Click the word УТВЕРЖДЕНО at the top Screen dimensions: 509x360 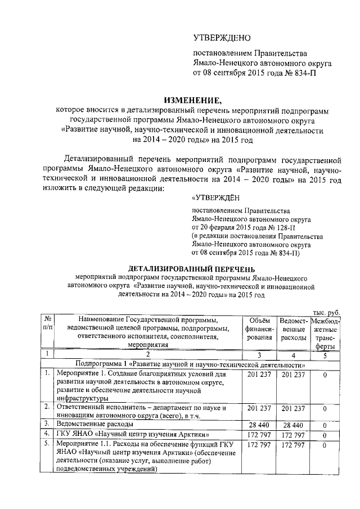coord(221,38)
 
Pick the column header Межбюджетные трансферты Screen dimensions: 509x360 coord(325,333)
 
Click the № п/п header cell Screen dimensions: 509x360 coord(48,325)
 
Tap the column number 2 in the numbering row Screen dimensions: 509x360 coord(148,354)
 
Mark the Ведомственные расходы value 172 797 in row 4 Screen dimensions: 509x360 coord(292,435)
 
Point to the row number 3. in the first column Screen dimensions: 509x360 coord(48,424)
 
